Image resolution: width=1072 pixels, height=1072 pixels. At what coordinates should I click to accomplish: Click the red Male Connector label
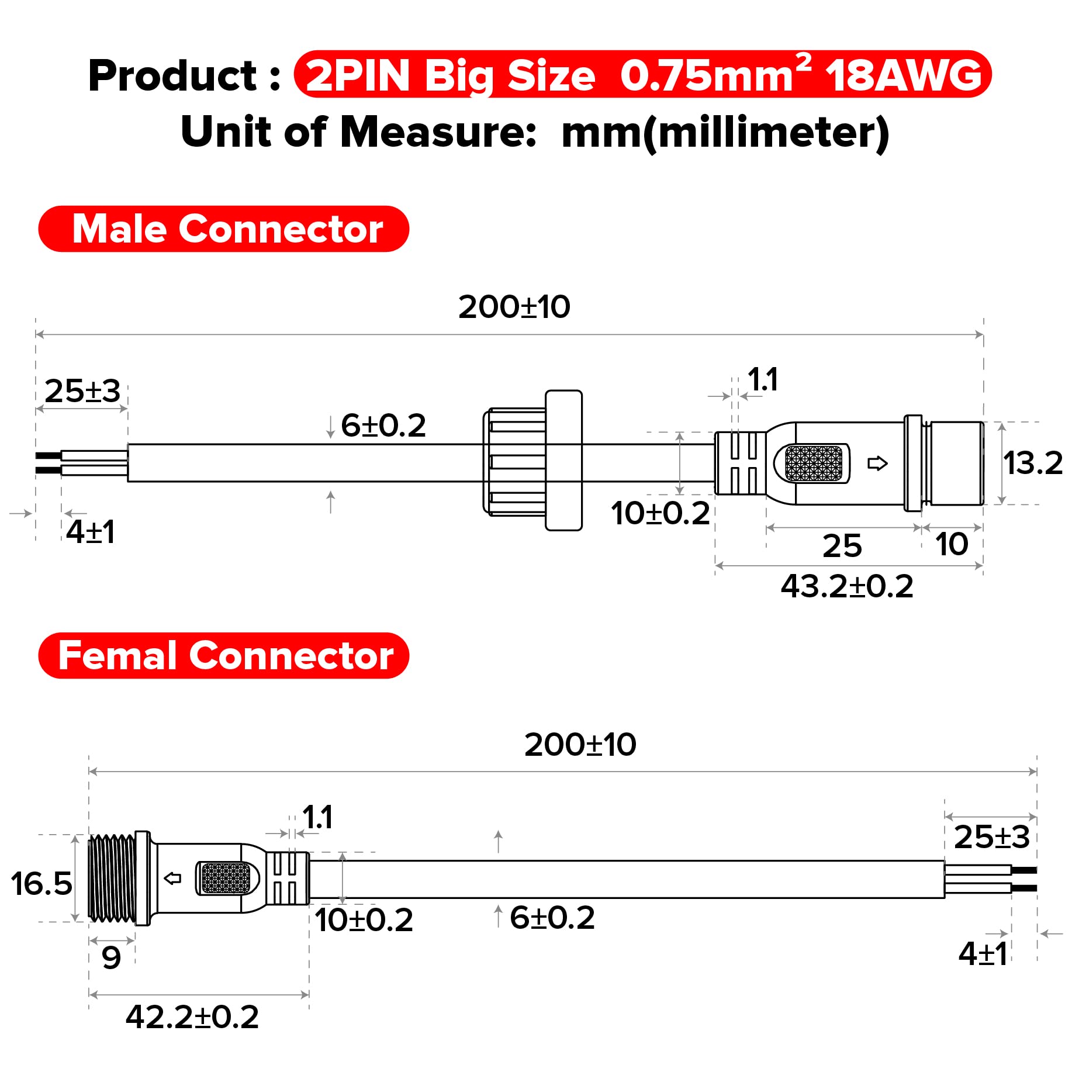(x=223, y=229)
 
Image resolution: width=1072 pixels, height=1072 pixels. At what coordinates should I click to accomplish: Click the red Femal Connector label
(x=223, y=655)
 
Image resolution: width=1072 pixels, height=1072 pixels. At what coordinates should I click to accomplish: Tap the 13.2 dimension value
(x=1032, y=463)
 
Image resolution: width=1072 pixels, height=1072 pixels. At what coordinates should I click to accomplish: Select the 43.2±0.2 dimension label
(x=846, y=586)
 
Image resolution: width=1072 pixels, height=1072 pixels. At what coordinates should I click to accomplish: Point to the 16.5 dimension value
(x=41, y=883)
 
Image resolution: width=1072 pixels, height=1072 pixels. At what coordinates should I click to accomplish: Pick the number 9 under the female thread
(x=111, y=957)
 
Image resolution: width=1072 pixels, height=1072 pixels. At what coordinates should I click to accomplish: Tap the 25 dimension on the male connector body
(x=842, y=546)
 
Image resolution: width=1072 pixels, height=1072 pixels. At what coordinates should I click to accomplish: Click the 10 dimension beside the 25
(x=952, y=544)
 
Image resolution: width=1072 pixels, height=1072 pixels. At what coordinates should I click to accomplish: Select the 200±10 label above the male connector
(x=514, y=307)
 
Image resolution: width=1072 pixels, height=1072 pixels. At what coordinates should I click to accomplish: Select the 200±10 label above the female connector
(x=580, y=745)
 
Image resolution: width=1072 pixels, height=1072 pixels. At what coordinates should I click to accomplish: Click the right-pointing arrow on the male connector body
(x=877, y=464)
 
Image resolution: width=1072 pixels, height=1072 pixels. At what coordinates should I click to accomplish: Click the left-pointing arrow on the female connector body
(x=172, y=878)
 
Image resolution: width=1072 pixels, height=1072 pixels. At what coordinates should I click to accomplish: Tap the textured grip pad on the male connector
(x=813, y=464)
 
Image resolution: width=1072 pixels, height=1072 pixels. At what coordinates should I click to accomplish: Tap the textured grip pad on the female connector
(x=226, y=878)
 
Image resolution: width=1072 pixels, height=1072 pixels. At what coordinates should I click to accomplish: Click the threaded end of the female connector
(x=111, y=878)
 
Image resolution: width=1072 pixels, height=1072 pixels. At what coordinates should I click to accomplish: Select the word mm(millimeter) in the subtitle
(x=725, y=132)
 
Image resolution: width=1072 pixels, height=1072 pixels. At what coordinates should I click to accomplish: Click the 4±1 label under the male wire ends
(x=90, y=532)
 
